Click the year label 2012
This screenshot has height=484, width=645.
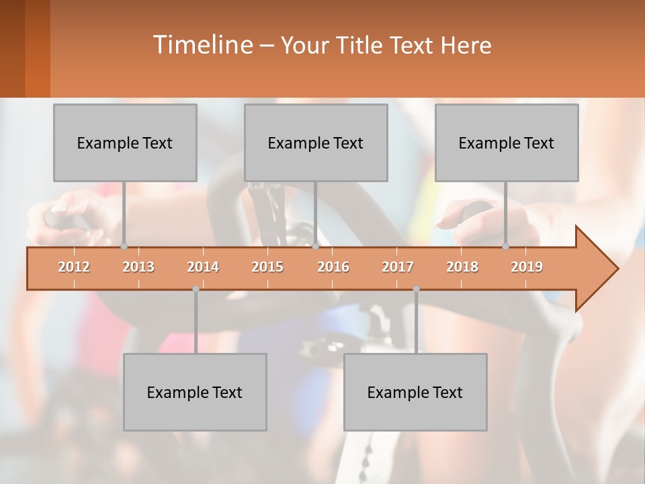[x=74, y=267]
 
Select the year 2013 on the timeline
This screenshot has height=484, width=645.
[x=138, y=267]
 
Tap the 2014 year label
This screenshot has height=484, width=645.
[x=203, y=267]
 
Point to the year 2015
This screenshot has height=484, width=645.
[x=267, y=267]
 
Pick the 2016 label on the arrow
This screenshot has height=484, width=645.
[x=333, y=267]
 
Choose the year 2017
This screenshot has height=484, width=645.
[x=398, y=267]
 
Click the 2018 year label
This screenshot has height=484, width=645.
[x=462, y=267]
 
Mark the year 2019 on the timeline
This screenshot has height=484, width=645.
[x=527, y=267]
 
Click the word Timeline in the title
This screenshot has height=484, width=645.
[x=202, y=45]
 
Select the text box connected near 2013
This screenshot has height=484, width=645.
[x=125, y=143]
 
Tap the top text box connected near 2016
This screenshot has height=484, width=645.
[x=316, y=143]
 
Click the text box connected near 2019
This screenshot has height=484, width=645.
[x=507, y=143]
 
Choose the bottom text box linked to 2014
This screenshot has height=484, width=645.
[x=195, y=392]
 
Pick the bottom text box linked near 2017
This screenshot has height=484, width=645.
[x=415, y=392]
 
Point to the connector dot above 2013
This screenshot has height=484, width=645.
[x=124, y=246]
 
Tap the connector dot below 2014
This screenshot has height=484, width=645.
[x=196, y=289]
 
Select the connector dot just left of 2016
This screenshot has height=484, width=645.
[x=315, y=246]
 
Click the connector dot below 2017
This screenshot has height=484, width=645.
[x=416, y=289]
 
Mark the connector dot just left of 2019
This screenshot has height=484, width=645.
[x=506, y=246]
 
